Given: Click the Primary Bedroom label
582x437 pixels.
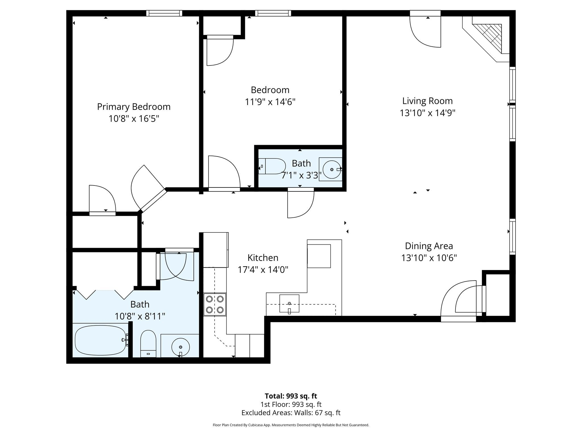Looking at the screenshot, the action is [134, 107].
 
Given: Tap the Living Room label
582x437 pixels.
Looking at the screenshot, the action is [427, 101].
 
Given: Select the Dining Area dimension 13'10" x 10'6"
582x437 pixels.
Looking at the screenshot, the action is [429, 258].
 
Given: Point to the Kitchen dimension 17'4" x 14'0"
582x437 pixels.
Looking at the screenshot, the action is [263, 269].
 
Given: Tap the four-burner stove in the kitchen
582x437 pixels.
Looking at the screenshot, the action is [215, 304].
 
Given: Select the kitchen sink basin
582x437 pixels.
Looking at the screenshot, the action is [289, 304].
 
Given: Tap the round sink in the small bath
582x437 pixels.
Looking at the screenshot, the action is [332, 170].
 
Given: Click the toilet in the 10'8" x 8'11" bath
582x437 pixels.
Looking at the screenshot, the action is [148, 343].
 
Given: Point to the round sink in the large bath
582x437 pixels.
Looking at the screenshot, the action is [180, 347].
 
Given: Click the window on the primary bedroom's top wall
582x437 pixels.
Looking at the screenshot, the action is [164, 13].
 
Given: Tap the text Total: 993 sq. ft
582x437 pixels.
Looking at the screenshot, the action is [291, 396].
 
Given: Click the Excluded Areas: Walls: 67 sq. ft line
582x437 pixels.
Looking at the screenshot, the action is [291, 413].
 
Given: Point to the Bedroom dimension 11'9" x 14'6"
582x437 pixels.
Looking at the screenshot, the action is [270, 102].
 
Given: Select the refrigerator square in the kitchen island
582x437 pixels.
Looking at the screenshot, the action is [319, 256].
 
